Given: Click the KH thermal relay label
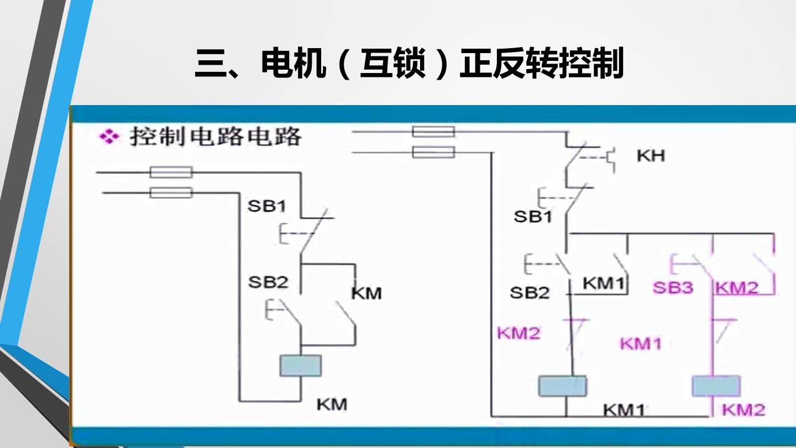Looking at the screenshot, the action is click(651, 156).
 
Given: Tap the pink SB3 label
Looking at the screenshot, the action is click(673, 288).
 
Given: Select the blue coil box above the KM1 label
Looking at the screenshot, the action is click(563, 386).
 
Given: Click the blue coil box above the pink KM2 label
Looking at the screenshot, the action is click(716, 386).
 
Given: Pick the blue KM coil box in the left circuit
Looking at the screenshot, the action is click(301, 366).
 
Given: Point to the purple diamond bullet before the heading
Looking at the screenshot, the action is click(109, 137).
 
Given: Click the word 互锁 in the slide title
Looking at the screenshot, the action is click(392, 64).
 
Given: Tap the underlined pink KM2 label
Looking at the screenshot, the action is click(737, 287).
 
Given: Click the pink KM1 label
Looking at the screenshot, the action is click(641, 344).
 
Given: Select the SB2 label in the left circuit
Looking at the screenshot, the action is click(268, 282).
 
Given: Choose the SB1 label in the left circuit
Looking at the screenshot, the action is click(266, 206).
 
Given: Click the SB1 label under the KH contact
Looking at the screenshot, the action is click(533, 217).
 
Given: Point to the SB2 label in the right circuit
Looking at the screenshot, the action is click(530, 293).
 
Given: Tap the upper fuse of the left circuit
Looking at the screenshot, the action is click(171, 173).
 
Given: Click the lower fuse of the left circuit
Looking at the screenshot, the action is click(171, 192).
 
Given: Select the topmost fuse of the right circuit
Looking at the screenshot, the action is click(433, 132).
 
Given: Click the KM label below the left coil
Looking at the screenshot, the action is click(332, 405).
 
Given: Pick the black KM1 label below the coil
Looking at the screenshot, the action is click(624, 410).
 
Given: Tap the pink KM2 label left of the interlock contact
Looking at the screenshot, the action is click(519, 333).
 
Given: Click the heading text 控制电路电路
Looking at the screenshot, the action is click(216, 137).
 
